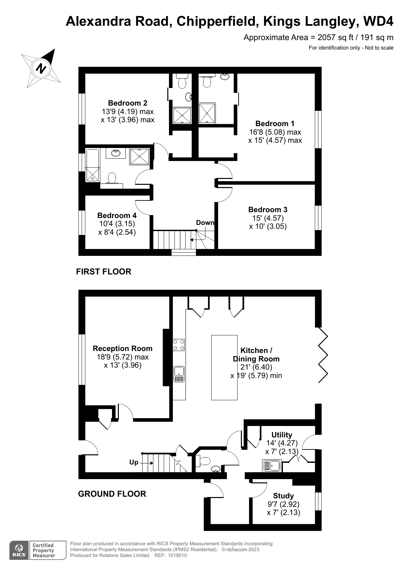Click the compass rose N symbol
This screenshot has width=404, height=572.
41,68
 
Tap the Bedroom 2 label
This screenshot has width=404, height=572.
128,103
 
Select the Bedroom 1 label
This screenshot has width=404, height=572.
275,124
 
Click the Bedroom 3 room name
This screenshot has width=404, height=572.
268,210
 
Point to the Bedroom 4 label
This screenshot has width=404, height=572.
117,215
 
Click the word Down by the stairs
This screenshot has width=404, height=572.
205,223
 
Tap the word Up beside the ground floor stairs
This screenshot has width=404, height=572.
134,462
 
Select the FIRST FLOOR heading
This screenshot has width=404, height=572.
104,272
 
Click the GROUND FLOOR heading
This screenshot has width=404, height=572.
112,494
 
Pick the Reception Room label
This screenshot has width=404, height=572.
122,348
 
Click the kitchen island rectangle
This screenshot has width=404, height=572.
224,367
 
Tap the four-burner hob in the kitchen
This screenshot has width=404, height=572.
179,345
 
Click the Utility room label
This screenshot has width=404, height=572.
282,435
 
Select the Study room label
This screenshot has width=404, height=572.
283,496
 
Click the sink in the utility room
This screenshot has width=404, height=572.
272,466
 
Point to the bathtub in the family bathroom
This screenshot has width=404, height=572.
92,166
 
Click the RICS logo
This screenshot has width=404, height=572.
19,550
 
